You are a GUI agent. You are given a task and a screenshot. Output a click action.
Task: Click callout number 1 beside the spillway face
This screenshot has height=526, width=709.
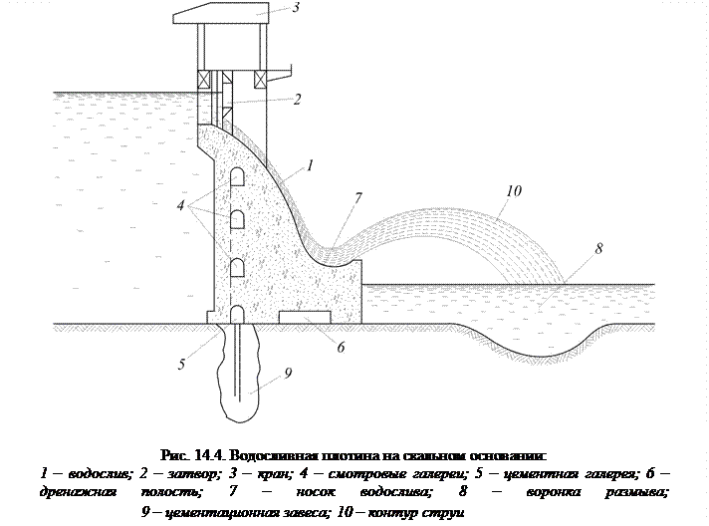pyautogui.click(x=313, y=166)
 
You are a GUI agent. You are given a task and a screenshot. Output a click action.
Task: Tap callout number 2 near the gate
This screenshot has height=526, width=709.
pyautogui.click(x=297, y=100)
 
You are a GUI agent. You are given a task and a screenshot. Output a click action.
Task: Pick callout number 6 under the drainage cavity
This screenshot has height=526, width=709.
pyautogui.click(x=340, y=349)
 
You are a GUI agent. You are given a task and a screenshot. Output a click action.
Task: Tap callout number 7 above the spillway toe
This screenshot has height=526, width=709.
pyautogui.click(x=357, y=199)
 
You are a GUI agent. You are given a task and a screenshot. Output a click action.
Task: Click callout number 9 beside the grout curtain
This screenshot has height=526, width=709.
pyautogui.click(x=287, y=374)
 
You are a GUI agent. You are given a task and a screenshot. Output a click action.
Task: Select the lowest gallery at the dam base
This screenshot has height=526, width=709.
pyautogui.click(x=238, y=313)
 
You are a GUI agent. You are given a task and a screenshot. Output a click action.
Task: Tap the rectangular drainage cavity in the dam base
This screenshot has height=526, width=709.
pyautogui.click(x=299, y=317)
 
